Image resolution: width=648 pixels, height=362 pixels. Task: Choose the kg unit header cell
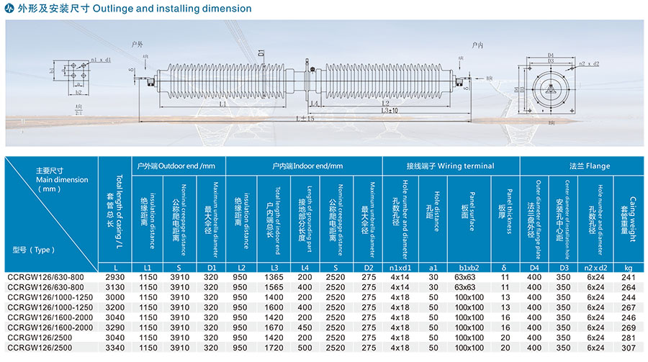628,268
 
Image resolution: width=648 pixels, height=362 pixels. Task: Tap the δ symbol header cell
504,268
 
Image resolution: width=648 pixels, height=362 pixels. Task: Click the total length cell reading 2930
115,277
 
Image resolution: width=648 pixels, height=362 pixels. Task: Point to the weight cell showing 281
628,337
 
